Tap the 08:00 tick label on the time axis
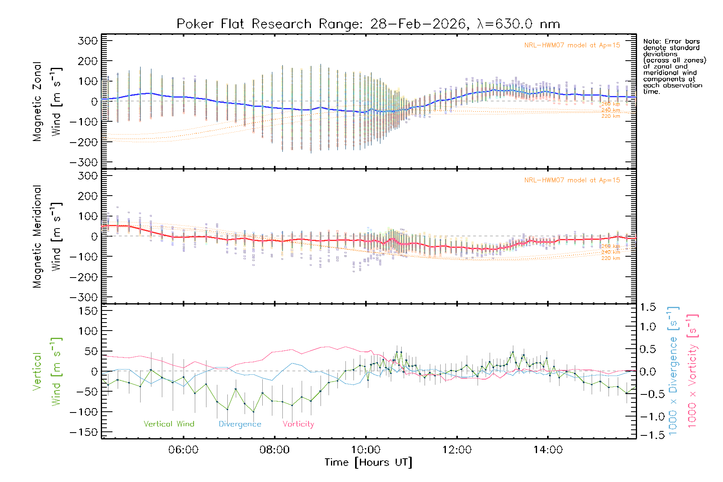click(274, 450)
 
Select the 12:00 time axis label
click(457, 450)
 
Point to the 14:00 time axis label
click(548, 450)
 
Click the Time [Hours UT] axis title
click(368, 463)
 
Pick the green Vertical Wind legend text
click(169, 424)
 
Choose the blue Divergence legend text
click(240, 424)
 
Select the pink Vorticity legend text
click(298, 424)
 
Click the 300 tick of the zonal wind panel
click(88, 41)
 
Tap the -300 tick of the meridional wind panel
click(84, 297)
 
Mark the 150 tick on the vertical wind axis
click(88, 311)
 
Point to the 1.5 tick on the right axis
click(648, 307)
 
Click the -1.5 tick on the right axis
click(648, 435)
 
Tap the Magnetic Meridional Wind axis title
click(47, 237)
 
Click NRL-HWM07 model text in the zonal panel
click(572, 45)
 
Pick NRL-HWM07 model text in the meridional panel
click(572, 180)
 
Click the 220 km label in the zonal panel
click(611, 116)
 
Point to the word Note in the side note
click(650, 41)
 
